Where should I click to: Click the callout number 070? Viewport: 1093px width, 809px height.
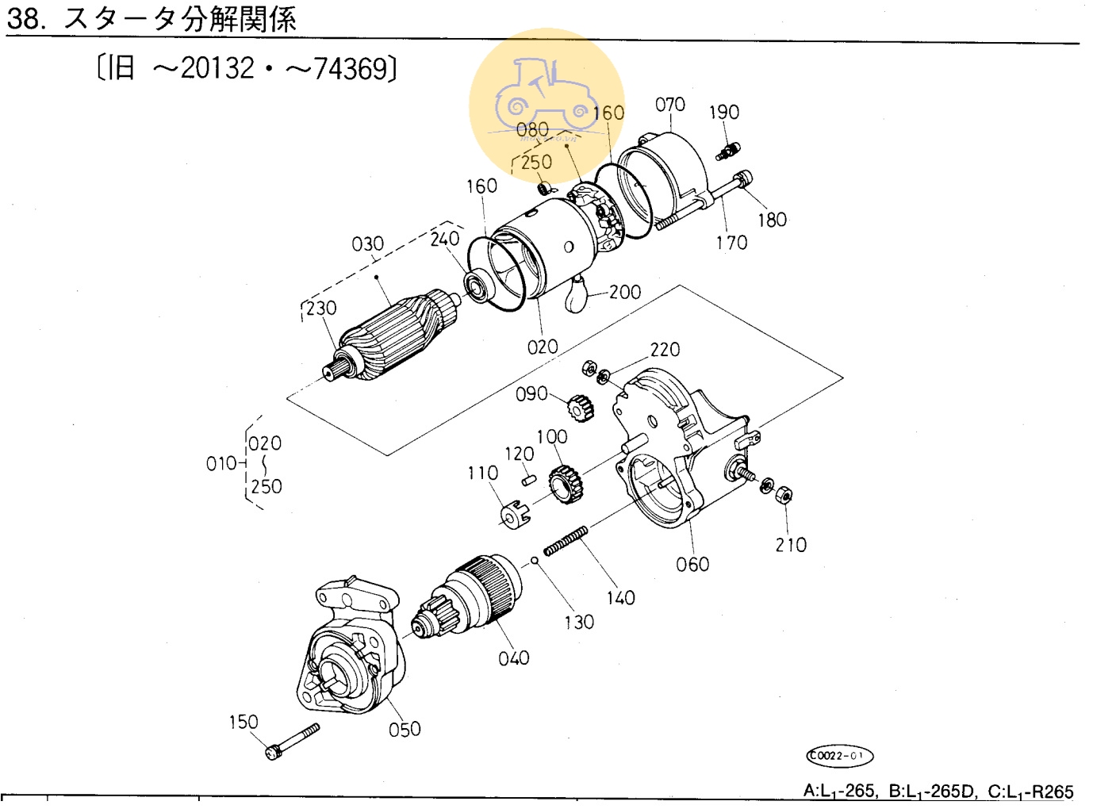click(669, 105)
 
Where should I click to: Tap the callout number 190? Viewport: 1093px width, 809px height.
click(724, 112)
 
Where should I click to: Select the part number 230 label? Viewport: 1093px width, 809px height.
click(321, 308)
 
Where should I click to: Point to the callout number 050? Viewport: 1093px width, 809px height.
click(405, 729)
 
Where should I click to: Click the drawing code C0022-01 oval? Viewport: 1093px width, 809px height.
click(839, 755)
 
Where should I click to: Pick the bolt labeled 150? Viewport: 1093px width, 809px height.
click(292, 741)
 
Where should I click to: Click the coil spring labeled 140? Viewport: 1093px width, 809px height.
click(566, 540)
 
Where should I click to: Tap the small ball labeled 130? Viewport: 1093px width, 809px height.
click(534, 560)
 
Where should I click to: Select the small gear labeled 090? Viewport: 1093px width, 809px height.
click(581, 408)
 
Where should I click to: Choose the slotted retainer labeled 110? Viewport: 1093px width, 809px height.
click(515, 514)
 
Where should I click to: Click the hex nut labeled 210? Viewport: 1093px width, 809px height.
click(783, 494)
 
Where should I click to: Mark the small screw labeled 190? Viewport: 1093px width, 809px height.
click(728, 151)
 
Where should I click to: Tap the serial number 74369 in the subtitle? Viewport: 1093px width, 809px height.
click(351, 68)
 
